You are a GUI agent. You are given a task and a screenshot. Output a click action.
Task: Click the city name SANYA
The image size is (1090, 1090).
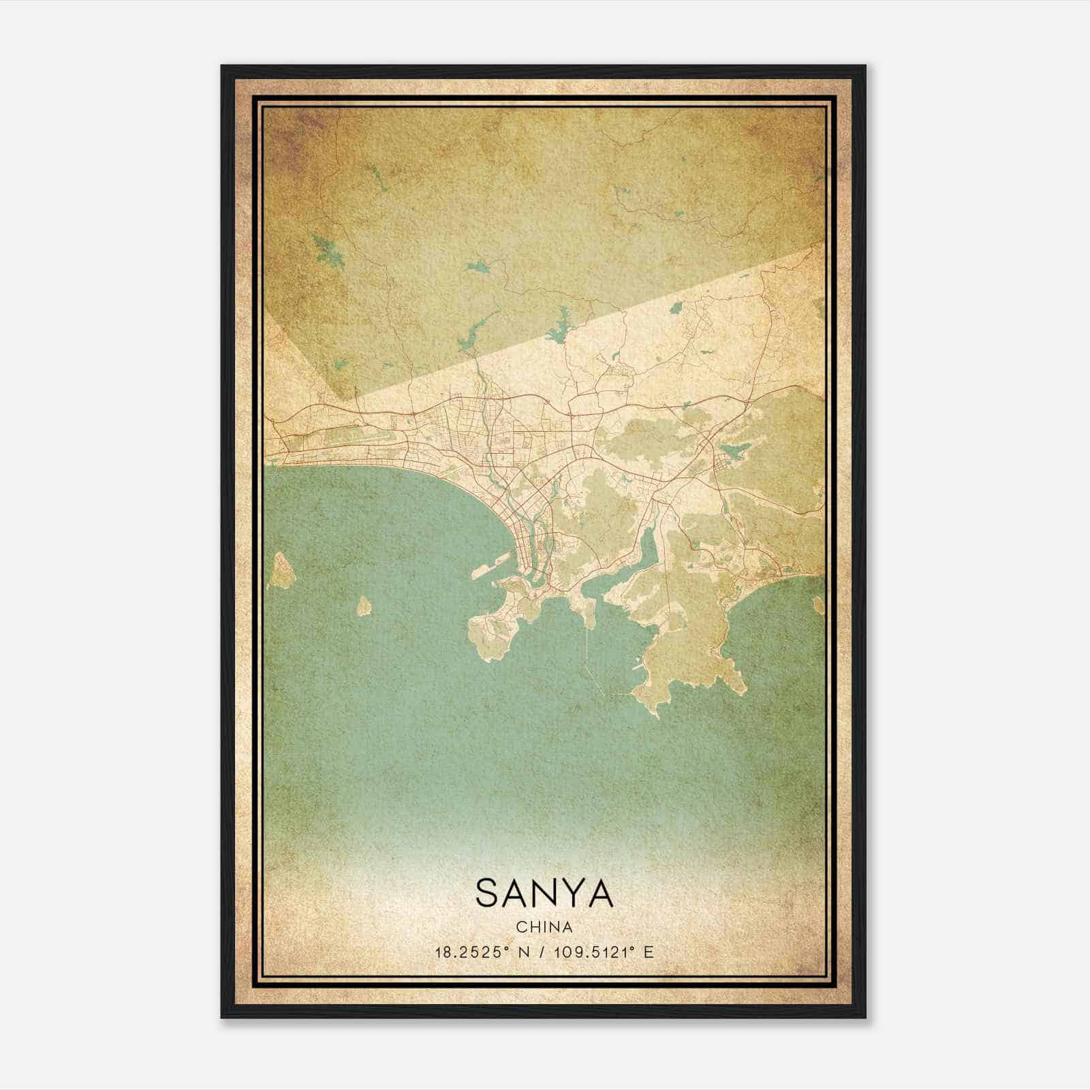[x=544, y=892]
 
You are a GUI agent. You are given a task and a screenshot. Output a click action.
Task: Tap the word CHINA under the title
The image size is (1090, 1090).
[x=544, y=926]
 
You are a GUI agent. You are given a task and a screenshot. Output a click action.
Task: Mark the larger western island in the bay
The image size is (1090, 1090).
[x=279, y=571]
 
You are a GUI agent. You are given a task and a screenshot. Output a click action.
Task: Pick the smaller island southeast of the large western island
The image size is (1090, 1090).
[x=364, y=605]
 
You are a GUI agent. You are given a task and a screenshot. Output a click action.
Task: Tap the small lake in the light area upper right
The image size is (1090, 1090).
[x=676, y=307]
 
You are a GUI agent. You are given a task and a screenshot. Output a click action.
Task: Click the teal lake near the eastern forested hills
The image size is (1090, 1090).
[x=733, y=450]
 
